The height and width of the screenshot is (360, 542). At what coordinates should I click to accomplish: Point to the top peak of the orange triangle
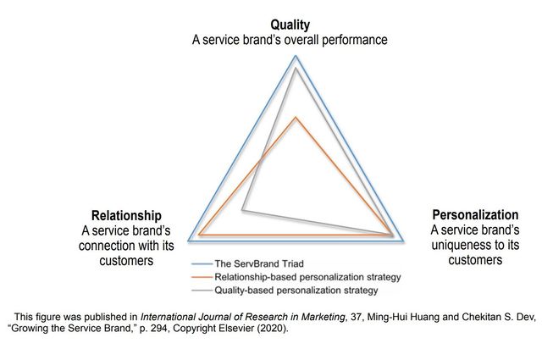(296, 116)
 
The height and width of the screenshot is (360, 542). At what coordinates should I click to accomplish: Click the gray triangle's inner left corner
(242, 208)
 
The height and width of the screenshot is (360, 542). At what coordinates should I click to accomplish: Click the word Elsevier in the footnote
(252, 329)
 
